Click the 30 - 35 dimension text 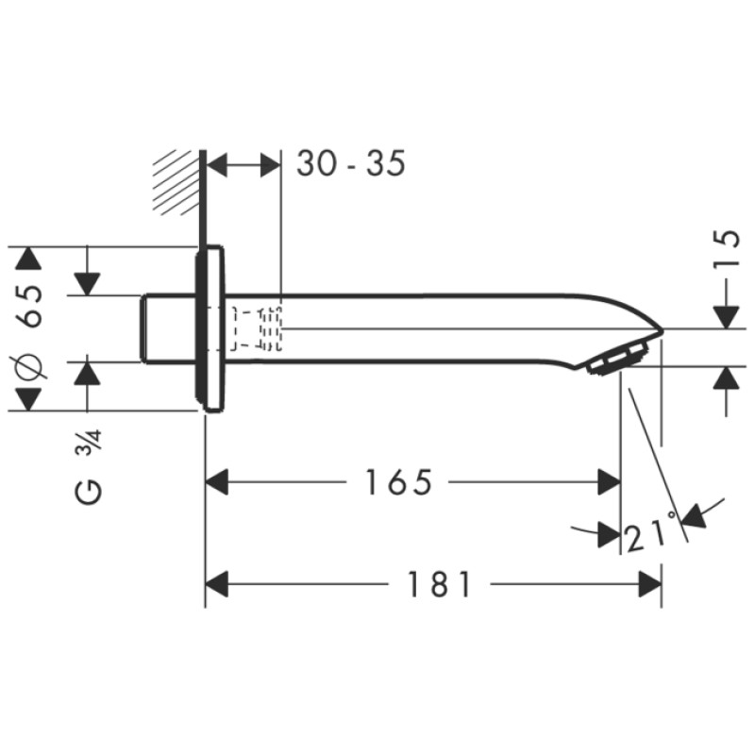(x=350, y=163)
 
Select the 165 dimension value (x=397, y=483)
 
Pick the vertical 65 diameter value (x=32, y=305)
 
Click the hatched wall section (x=178, y=182)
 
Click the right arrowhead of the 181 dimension (x=649, y=585)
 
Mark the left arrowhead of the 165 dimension (x=218, y=483)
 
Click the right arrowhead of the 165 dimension (x=610, y=483)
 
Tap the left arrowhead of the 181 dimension (x=218, y=585)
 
